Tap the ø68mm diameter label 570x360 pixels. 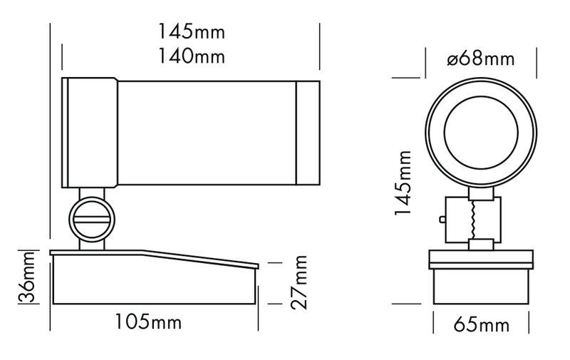pyautogui.click(x=481, y=58)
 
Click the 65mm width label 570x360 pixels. pyautogui.click(x=481, y=326)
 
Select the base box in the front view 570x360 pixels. pyautogui.click(x=481, y=286)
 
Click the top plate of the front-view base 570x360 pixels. pyautogui.click(x=481, y=259)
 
